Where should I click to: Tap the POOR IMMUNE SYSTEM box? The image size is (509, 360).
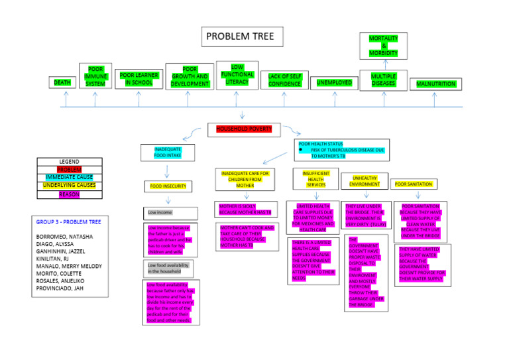click(95, 76)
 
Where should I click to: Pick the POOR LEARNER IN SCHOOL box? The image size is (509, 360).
click(139, 80)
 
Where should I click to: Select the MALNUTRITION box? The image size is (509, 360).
click(435, 84)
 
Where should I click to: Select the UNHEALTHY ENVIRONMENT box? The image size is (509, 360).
click(365, 181)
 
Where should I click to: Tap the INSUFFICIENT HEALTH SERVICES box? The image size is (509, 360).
click(315, 178)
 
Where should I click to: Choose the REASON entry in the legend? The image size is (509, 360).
click(70, 194)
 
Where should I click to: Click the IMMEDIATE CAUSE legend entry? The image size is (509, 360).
click(70, 178)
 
